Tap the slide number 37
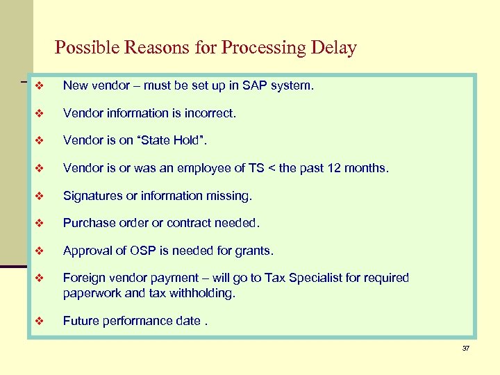tap(466, 347)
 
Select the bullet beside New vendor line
tap(40, 86)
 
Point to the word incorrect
tap(208, 112)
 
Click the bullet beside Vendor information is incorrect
tap(40, 113)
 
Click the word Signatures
tap(92, 196)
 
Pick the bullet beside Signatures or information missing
tap(40, 197)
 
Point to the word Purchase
tap(87, 224)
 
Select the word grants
tap(254, 251)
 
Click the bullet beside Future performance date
tap(40, 321)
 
